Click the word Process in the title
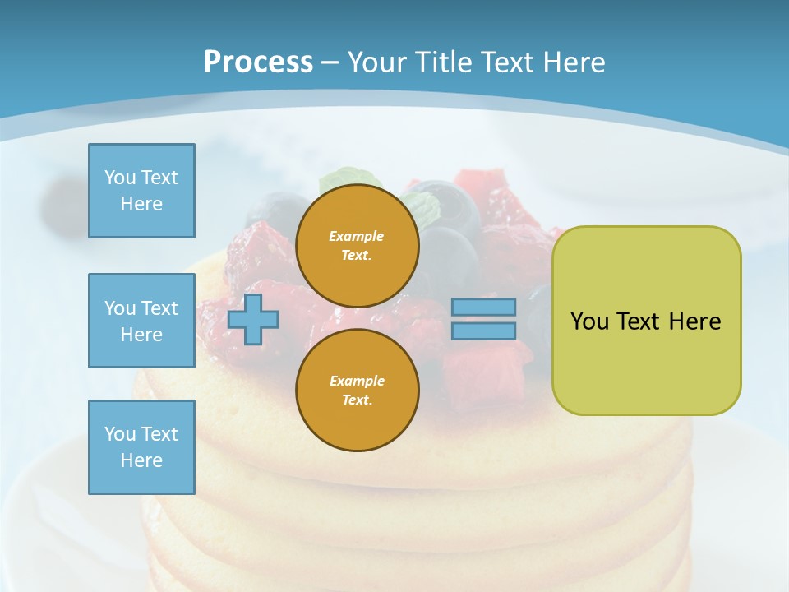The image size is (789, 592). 258,62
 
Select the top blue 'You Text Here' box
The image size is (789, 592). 141,191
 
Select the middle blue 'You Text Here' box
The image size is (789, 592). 141,321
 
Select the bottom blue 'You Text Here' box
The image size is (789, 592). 141,447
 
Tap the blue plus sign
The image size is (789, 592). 253,320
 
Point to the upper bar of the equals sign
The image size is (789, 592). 483,308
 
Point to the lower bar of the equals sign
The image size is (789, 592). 483,331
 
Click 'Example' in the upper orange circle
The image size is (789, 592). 357,237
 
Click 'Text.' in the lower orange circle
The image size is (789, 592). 357,400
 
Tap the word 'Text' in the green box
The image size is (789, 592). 641,321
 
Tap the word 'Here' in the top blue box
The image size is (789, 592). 141,204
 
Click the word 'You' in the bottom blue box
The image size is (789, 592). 120,434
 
